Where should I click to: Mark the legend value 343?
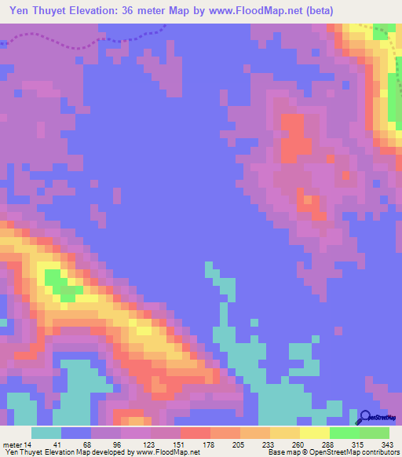tap(386, 444)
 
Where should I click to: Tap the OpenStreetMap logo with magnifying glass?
tap(378, 418)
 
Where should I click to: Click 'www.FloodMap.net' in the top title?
tap(250, 11)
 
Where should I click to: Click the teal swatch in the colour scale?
tap(46, 433)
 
